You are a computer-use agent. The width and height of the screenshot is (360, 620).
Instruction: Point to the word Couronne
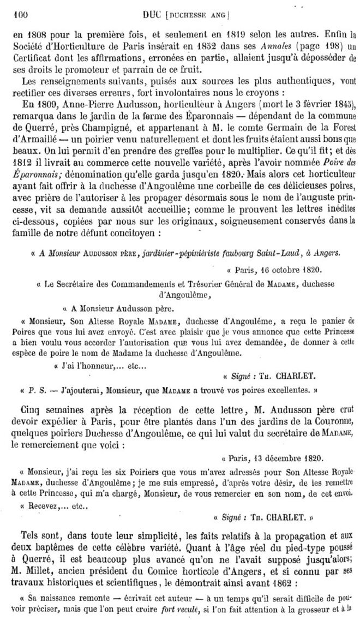pyautogui.click(x=333, y=424)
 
